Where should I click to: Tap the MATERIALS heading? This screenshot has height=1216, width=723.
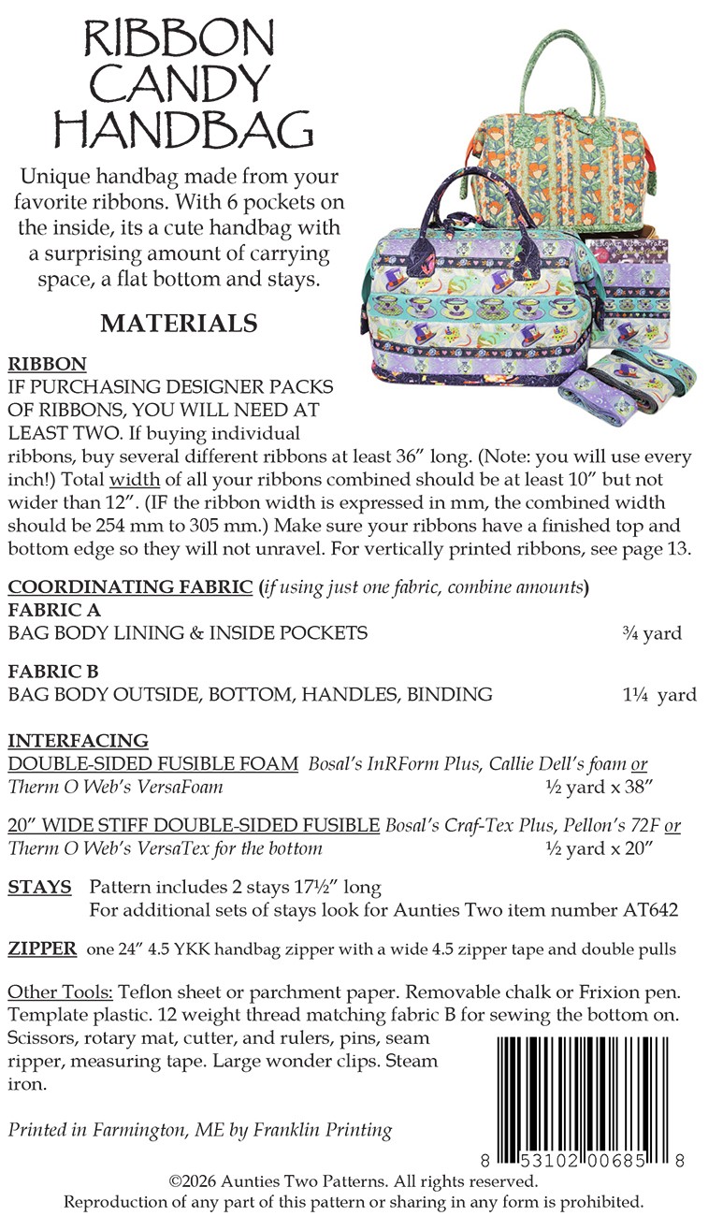tap(179, 324)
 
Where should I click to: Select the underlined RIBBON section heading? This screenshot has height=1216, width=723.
tap(47, 364)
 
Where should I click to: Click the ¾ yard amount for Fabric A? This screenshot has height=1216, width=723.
tap(652, 633)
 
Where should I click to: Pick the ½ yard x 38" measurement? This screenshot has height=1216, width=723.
tap(599, 787)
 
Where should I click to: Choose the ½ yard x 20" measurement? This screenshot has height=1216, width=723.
tap(599, 848)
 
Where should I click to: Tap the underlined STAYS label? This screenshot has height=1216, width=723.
tap(39, 887)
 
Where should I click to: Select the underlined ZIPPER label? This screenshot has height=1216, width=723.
tap(42, 948)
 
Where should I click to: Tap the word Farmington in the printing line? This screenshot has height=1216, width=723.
tap(139, 1130)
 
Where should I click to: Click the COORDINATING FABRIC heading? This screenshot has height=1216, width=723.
tap(130, 587)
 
